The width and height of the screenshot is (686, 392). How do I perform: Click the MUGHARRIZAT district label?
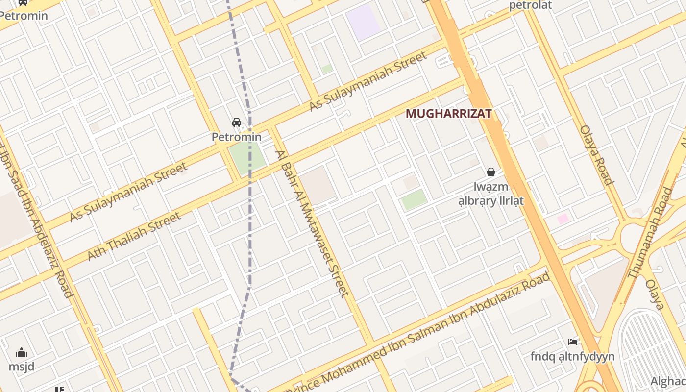pos(448,114)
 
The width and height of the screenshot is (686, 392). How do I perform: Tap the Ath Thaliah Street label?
pos(134,236)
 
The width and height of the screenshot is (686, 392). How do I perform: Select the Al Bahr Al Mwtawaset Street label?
pos(312,223)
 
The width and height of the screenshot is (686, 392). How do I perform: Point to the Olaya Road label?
pos(597,155)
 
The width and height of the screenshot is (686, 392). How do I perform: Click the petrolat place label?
pos(530,5)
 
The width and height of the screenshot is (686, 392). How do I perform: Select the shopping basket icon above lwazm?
pos(490,172)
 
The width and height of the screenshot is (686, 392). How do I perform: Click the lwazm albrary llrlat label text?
pos(491,194)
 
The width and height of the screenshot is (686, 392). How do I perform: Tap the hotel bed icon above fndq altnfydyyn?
pos(572,342)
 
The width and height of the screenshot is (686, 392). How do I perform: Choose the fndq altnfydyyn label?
pos(572,356)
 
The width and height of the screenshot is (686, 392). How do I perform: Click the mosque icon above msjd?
pos(22,352)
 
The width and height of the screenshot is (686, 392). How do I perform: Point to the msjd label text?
pos(22,367)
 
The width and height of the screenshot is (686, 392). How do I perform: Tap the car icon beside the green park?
pos(237,122)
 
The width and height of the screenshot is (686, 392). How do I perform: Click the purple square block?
pos(363,23)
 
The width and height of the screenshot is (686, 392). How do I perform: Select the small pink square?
pos(563,219)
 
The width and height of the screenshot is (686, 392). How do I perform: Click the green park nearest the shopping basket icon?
pos(414,199)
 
